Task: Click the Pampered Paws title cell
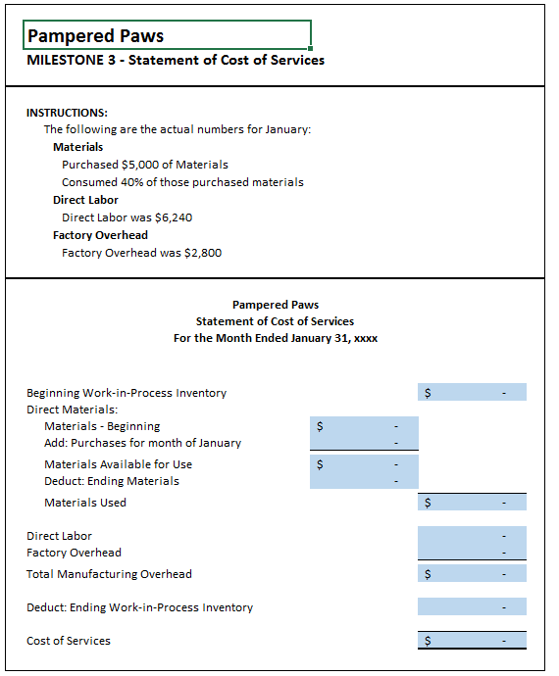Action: point(167,35)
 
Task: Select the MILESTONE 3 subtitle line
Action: point(176,61)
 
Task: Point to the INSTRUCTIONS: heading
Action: point(67,113)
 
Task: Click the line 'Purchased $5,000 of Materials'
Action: point(144,165)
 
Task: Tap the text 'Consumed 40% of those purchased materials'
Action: point(182,182)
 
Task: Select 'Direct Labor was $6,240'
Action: point(127,217)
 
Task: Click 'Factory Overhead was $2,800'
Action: point(141,253)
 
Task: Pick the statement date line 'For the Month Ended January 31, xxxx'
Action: point(275,338)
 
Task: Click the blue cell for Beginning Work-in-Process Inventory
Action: point(472,393)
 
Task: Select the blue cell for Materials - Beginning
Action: point(364,426)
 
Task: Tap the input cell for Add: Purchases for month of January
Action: point(364,443)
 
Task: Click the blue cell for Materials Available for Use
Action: point(364,464)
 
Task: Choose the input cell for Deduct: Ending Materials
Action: point(364,481)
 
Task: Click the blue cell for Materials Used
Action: point(472,503)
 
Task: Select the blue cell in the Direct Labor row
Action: point(472,536)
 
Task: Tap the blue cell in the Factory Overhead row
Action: point(472,553)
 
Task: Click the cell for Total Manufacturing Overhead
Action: point(472,574)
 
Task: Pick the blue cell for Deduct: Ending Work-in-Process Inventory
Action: point(472,607)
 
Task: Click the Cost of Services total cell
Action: point(472,641)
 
